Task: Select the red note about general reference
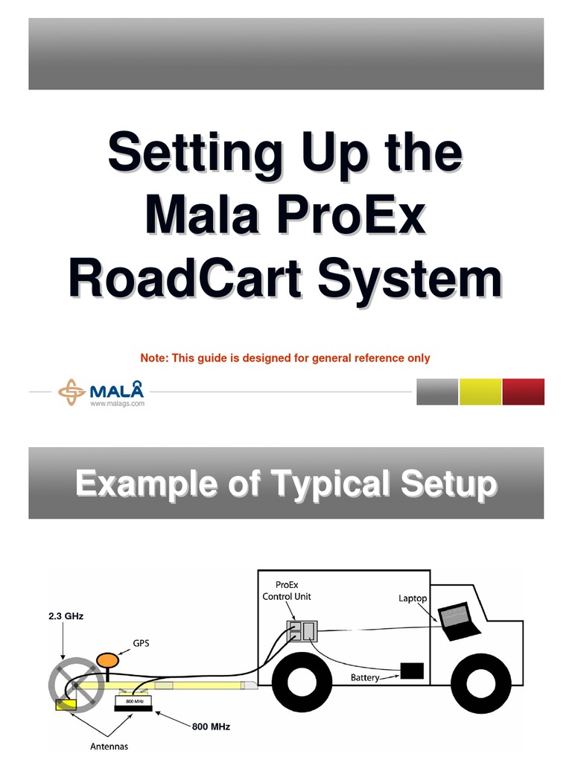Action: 285,358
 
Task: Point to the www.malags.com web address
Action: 117,403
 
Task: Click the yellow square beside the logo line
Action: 480,392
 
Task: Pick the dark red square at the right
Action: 524,392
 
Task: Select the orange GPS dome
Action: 109,660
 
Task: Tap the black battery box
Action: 412,671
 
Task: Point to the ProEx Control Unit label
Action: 287,591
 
